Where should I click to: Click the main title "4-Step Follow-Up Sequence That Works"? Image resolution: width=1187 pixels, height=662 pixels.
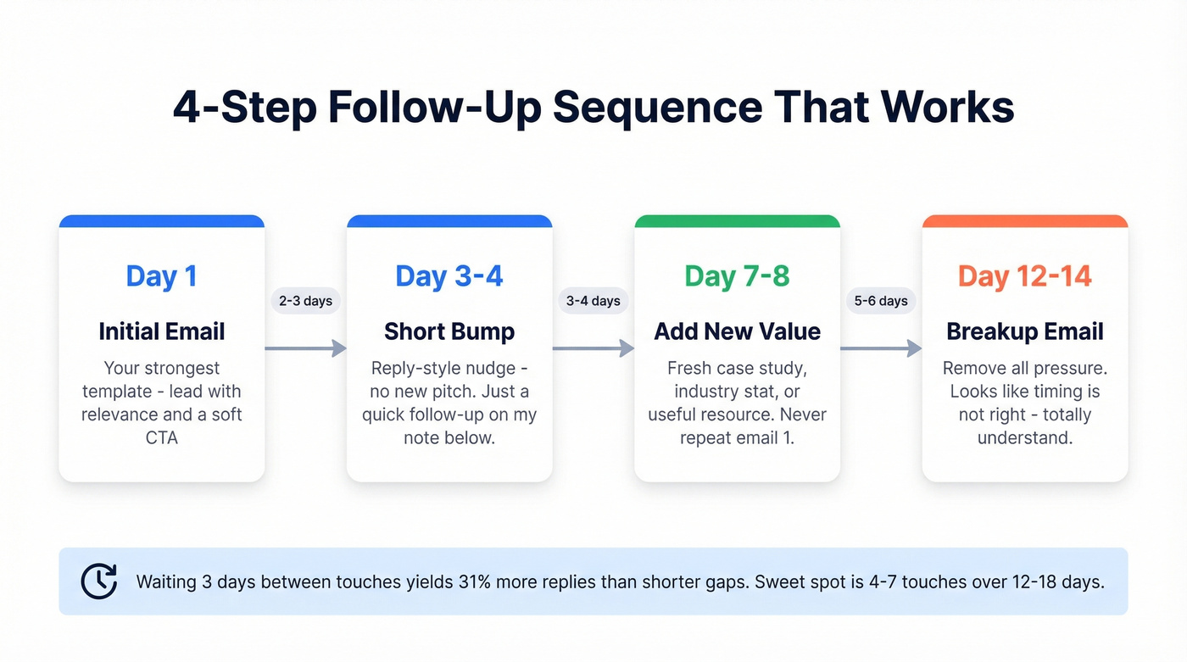tap(593, 108)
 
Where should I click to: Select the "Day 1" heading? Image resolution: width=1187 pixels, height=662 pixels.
tap(161, 276)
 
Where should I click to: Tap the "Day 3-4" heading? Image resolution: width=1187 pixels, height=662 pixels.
tap(449, 276)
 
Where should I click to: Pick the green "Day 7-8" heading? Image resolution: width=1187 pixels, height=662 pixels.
tap(737, 276)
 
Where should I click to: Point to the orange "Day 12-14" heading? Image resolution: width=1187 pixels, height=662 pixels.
tap(1025, 276)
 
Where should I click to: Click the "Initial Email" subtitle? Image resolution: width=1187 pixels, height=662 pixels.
tap(161, 331)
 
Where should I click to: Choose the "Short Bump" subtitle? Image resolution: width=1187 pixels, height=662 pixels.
tap(449, 331)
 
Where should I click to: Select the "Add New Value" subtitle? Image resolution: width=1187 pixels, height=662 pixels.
tap(737, 331)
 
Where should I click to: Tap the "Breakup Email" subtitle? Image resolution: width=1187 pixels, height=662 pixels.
tap(1025, 331)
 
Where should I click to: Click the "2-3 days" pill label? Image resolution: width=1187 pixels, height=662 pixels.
tap(305, 301)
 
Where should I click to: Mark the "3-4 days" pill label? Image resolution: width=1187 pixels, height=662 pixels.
tap(593, 301)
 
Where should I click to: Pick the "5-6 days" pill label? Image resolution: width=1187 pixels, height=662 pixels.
tap(881, 301)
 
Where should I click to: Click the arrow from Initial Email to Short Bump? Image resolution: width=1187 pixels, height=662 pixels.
tap(305, 348)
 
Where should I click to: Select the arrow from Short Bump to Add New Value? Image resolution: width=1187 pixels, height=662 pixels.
tap(593, 348)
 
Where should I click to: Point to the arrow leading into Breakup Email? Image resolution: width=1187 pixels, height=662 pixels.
tap(881, 348)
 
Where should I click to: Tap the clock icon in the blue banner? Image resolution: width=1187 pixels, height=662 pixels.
tap(99, 581)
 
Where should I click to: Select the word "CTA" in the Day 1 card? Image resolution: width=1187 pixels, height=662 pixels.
tap(161, 438)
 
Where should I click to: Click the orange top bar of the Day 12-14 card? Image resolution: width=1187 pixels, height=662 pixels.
tap(1025, 221)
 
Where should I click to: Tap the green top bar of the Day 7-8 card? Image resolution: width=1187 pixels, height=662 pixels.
tap(737, 221)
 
